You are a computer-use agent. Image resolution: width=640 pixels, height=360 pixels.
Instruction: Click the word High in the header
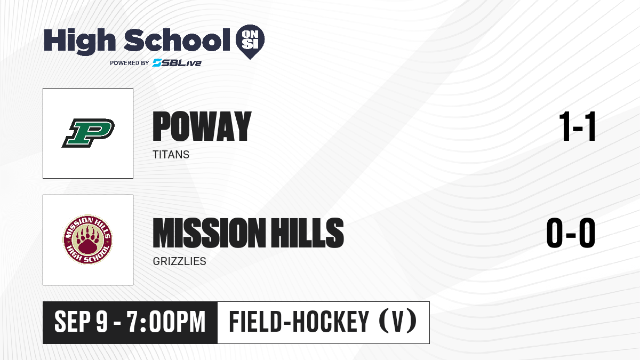pyautogui.click(x=79, y=42)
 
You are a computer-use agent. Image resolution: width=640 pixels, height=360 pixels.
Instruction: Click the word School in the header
pyautogui.click(x=177, y=40)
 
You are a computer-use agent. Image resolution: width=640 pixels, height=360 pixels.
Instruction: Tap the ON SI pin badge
pyautogui.click(x=250, y=42)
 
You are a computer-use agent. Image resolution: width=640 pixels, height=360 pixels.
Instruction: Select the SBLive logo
pyautogui.click(x=177, y=63)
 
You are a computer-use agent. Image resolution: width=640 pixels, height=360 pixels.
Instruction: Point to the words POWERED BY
pyautogui.click(x=130, y=63)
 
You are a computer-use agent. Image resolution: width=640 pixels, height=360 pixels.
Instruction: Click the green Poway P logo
pyautogui.click(x=89, y=133)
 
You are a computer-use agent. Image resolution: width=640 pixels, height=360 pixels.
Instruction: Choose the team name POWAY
pyautogui.click(x=202, y=126)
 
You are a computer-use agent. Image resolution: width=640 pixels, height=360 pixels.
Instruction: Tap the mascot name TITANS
pyautogui.click(x=171, y=155)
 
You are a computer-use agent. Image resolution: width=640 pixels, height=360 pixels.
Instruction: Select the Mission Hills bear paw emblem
pyautogui.click(x=87, y=239)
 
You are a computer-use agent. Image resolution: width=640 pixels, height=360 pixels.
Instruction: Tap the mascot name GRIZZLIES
pyautogui.click(x=179, y=261)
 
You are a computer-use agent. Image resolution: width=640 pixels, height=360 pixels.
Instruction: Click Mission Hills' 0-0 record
pyautogui.click(x=571, y=233)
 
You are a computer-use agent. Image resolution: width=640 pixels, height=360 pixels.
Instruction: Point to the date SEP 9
pyautogui.click(x=81, y=322)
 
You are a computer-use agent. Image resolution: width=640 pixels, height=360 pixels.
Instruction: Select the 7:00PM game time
pyautogui.click(x=166, y=322)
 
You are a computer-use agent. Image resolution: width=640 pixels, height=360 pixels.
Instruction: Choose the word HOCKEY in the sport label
pyautogui.click(x=331, y=322)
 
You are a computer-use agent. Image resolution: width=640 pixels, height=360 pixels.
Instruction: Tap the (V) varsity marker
pyautogui.click(x=398, y=321)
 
